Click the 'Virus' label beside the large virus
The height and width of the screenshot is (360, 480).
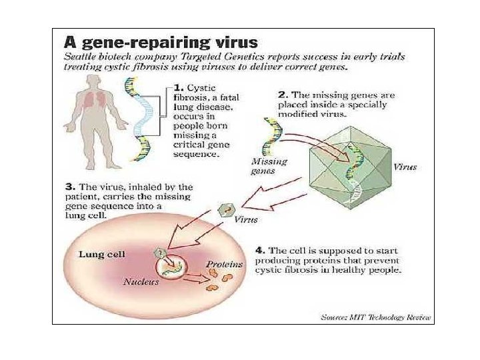coord(405,167)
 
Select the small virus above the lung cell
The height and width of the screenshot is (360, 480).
coord(225,211)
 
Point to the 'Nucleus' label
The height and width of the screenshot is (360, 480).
coord(141,282)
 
